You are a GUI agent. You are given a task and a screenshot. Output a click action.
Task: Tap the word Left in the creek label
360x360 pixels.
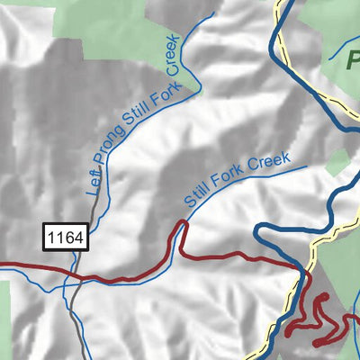pos(94,185)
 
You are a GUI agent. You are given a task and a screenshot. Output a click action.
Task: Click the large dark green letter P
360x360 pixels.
pos(351,63)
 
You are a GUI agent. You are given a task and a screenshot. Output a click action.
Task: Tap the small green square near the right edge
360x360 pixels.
pos(337,163)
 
